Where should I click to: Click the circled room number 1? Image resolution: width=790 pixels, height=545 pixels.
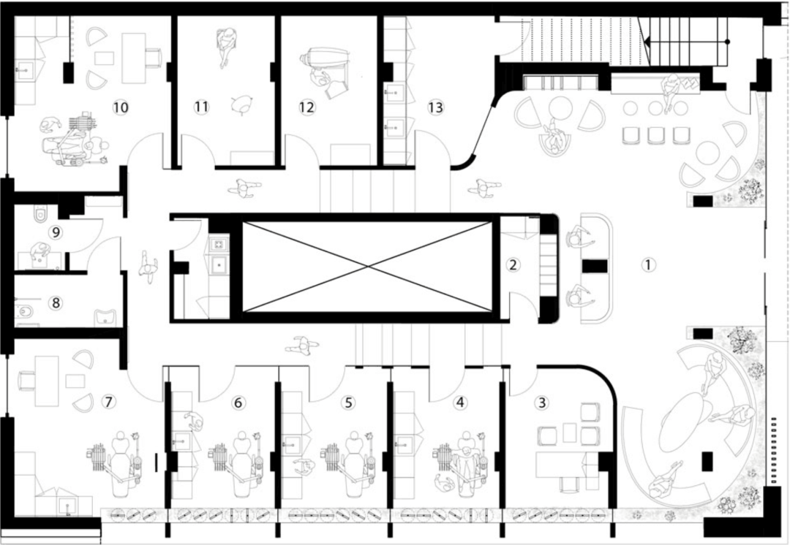click(648, 264)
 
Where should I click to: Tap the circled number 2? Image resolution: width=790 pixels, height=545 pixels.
click(513, 264)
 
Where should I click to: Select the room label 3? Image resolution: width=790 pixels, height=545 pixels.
click(542, 403)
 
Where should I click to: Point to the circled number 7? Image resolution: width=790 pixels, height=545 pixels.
click(108, 402)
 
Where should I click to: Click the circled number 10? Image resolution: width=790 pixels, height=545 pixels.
click(121, 107)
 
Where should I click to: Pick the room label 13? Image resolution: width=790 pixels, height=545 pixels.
click(435, 107)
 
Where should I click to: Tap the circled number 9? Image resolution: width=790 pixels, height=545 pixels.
click(56, 232)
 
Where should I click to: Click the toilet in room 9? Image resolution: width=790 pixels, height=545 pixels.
click(39, 214)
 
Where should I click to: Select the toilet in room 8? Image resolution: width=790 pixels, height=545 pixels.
click(23, 313)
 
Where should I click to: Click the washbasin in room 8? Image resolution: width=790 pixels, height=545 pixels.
click(105, 317)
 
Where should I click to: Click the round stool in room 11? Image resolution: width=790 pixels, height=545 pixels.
click(242, 104)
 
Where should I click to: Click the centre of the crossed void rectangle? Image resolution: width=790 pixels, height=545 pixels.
click(367, 266)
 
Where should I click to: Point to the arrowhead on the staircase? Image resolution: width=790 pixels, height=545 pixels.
click(647, 42)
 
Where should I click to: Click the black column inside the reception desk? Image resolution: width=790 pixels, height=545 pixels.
click(595, 266)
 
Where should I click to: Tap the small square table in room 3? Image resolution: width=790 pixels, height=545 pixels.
click(569, 432)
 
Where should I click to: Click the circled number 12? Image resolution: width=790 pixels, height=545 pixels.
click(306, 107)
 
